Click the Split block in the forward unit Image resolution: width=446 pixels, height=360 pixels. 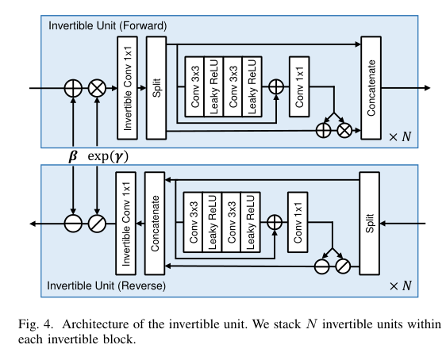pyautogui.click(x=156, y=87)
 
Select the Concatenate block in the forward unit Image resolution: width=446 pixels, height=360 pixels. pyautogui.click(x=371, y=87)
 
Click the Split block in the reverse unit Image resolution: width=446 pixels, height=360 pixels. pyautogui.click(x=370, y=224)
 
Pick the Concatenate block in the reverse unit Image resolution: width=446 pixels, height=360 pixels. pyautogui.click(x=155, y=224)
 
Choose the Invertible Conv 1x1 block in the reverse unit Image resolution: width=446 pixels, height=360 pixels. pyautogui.click(x=126, y=224)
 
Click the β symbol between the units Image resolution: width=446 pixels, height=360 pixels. pyautogui.click(x=73, y=156)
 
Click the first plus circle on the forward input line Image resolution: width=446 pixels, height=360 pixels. pyautogui.click(x=73, y=88)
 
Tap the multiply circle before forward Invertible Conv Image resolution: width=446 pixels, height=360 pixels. pyautogui.click(x=98, y=88)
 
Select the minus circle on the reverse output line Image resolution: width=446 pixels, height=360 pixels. pyautogui.click(x=73, y=224)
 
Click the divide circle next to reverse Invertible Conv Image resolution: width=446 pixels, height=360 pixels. pyautogui.click(x=98, y=224)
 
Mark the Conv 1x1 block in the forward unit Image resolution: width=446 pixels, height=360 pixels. pyautogui.click(x=299, y=87)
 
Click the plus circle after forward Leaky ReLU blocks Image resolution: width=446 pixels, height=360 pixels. pyautogui.click(x=275, y=88)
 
